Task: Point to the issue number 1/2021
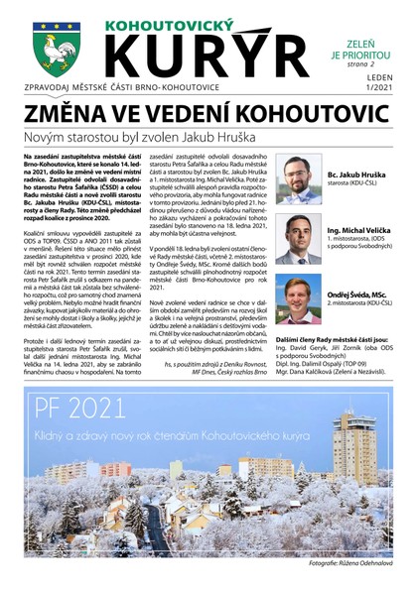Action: tap(375, 93)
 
